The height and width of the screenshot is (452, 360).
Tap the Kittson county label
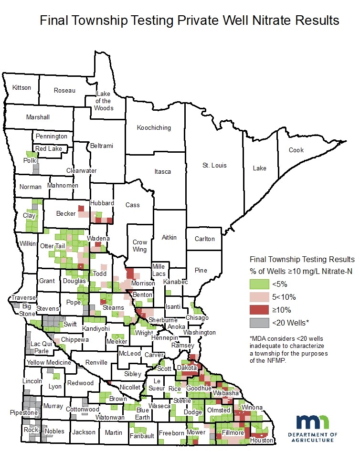click(21, 88)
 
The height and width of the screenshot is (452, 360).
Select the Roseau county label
click(64, 91)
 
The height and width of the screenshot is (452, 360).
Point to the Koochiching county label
click(154, 128)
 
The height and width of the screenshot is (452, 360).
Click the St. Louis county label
click(214, 166)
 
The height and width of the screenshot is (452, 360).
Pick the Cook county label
click(296, 150)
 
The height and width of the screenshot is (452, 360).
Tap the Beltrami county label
click(102, 146)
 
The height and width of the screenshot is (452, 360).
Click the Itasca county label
click(162, 171)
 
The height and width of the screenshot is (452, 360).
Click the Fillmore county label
click(233, 433)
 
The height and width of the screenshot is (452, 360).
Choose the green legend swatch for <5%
click(258, 284)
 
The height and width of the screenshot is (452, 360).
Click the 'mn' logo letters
click(312, 422)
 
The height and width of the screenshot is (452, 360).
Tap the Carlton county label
click(204, 239)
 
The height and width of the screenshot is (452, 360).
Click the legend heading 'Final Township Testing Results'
click(302, 260)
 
